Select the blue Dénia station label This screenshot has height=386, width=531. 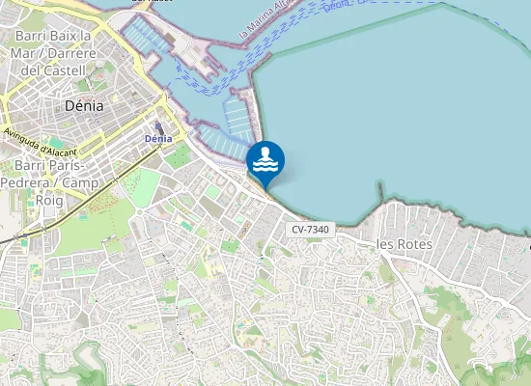[x=157, y=139]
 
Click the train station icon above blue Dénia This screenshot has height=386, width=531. [x=158, y=126]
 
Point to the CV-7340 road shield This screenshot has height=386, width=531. [x=309, y=229]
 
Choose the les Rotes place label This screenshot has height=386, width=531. [x=403, y=245]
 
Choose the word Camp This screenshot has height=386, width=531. [x=83, y=182]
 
